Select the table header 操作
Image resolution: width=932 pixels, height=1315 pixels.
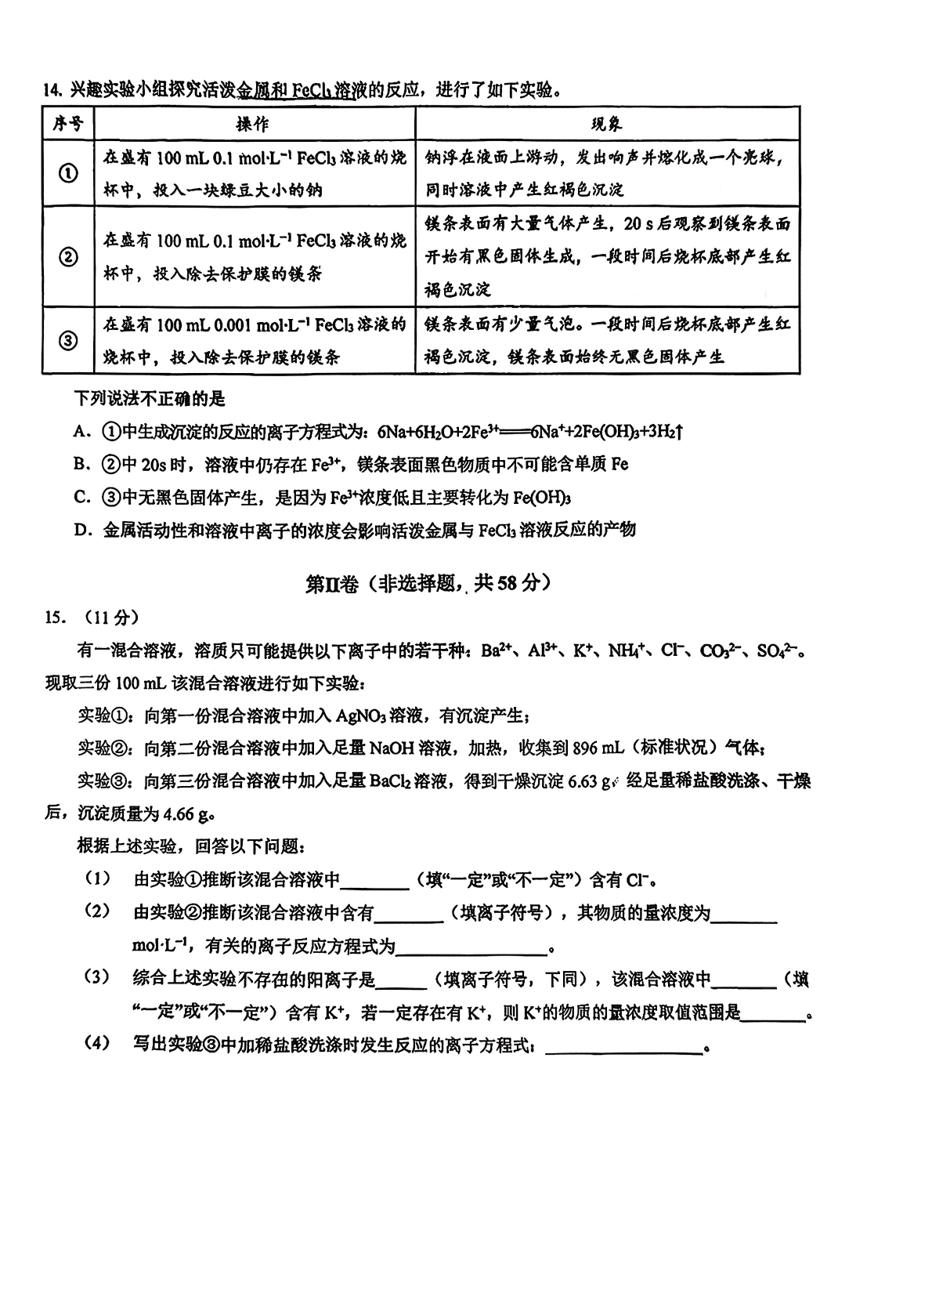253,124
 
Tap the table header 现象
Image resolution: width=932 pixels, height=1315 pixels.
606,124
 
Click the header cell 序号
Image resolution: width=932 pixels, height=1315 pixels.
68,124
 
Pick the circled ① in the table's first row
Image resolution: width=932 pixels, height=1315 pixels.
68,173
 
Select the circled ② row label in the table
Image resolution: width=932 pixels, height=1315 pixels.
68,256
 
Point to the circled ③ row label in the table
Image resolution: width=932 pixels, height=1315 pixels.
68,340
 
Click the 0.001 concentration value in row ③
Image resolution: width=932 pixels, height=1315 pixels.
219,324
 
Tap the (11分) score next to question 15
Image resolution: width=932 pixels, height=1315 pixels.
107,618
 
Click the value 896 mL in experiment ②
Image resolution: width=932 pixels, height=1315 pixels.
598,748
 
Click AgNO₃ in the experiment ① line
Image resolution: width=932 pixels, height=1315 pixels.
367,715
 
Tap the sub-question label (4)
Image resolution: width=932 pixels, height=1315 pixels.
98,1045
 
